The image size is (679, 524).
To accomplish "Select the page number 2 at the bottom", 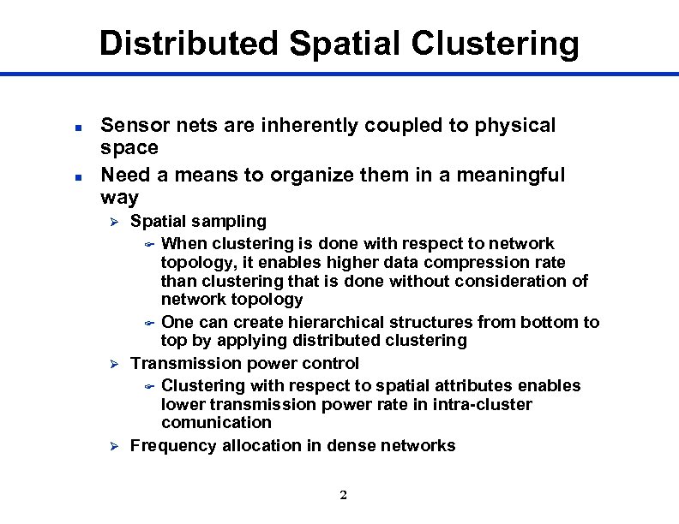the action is coord(343,496).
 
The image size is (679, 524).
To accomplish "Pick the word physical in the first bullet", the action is coord(513,126).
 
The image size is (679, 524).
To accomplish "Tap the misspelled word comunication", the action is coord(216,423).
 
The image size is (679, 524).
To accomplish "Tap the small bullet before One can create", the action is coord(147,324).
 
